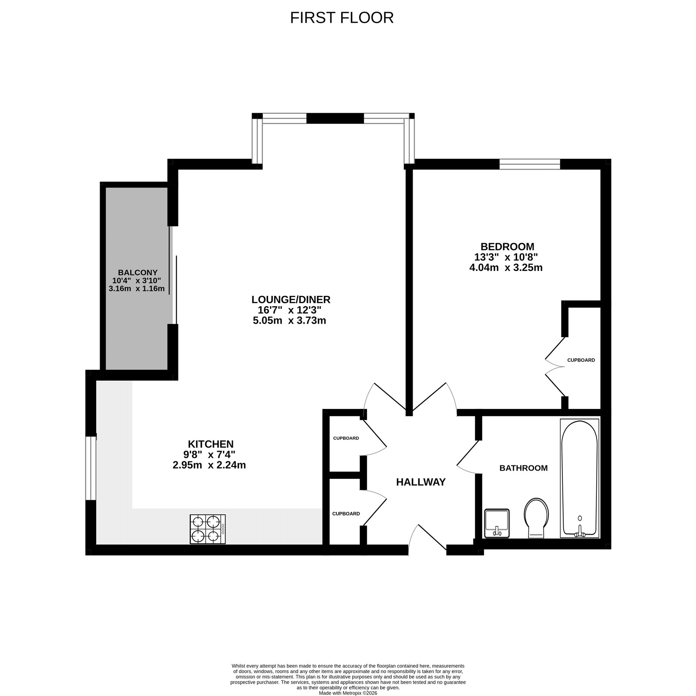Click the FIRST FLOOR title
(342, 18)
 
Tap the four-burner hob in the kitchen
(208, 529)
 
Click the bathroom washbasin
(497, 523)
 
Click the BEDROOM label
(507, 247)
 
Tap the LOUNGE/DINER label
(291, 299)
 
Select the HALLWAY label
(420, 482)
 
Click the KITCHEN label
(211, 444)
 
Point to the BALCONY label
(137, 272)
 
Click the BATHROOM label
(523, 468)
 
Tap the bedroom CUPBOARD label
(581, 360)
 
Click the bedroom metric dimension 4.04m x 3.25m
(505, 268)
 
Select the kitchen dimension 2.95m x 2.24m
(209, 465)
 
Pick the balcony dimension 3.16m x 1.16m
(137, 288)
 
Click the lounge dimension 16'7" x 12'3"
(289, 310)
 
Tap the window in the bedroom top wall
(529, 164)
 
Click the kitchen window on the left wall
(90, 468)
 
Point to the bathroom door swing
(467, 455)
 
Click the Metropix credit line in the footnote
(348, 693)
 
